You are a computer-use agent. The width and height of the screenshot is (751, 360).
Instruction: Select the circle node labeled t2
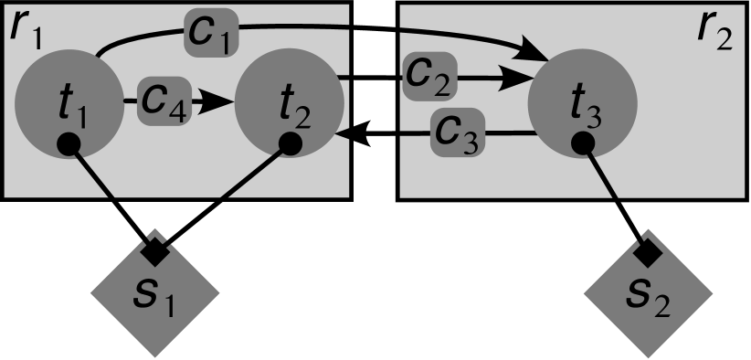tap(289, 102)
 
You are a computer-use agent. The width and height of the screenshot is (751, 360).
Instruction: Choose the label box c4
tap(164, 101)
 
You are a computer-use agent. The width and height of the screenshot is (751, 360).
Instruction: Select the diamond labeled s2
tap(649, 294)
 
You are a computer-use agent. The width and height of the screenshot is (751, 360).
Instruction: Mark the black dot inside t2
tap(291, 143)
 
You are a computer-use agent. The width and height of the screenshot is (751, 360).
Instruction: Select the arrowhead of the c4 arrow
tap(214, 101)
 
